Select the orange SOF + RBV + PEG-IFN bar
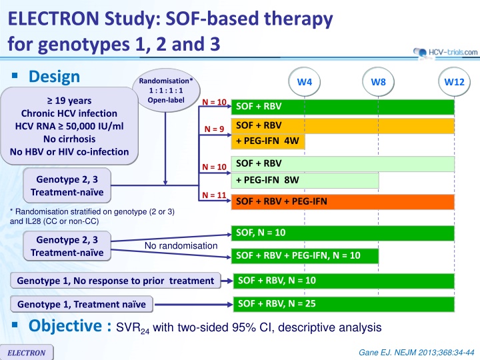(x=341, y=202)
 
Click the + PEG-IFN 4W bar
(x=266, y=142)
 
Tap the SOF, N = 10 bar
(x=341, y=233)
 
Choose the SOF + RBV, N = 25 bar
(x=341, y=305)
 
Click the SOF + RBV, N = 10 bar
(x=341, y=281)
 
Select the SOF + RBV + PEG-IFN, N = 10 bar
(x=303, y=255)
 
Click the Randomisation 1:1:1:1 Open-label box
(x=166, y=91)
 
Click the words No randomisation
(x=181, y=246)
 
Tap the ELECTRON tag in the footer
(x=27, y=352)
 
